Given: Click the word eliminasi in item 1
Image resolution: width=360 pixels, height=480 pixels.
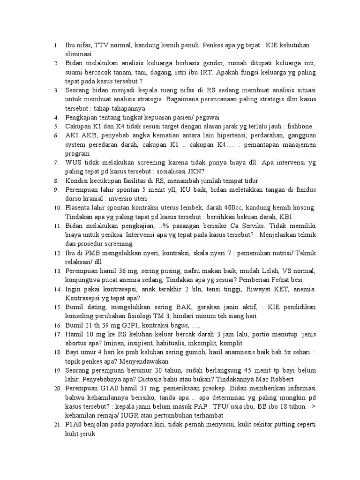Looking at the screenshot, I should click(x=79, y=54).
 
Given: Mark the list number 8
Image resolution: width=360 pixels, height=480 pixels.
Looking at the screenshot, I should click(x=55, y=180).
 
